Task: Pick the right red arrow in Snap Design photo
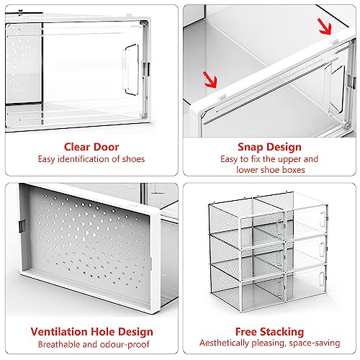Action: point(325,27)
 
